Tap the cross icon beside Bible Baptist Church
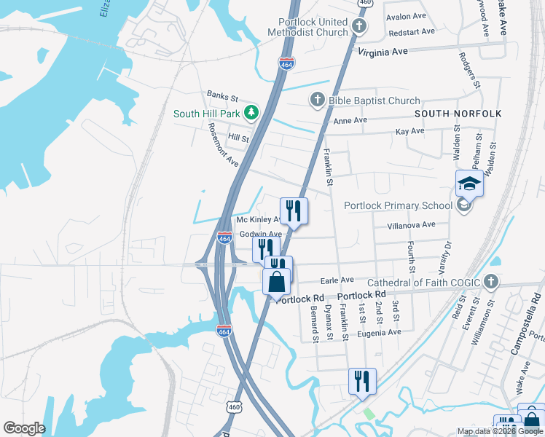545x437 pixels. (x=317, y=101)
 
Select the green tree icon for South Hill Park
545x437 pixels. (x=251, y=113)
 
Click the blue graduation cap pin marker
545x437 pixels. (x=469, y=185)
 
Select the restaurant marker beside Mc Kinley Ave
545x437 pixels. (x=294, y=211)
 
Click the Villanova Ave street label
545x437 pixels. (x=411, y=225)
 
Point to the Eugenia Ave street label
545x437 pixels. (x=379, y=333)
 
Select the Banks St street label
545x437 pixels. (x=222, y=96)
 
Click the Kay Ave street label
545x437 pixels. (x=409, y=132)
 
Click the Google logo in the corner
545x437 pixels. (x=24, y=428)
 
